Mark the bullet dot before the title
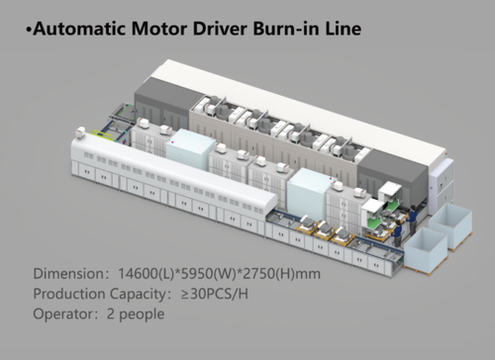[27, 30]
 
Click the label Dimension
[69, 274]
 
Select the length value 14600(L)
[153, 274]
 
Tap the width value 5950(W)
[220, 274]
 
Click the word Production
[71, 294]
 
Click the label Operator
[63, 315]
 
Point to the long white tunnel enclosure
[139, 173]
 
